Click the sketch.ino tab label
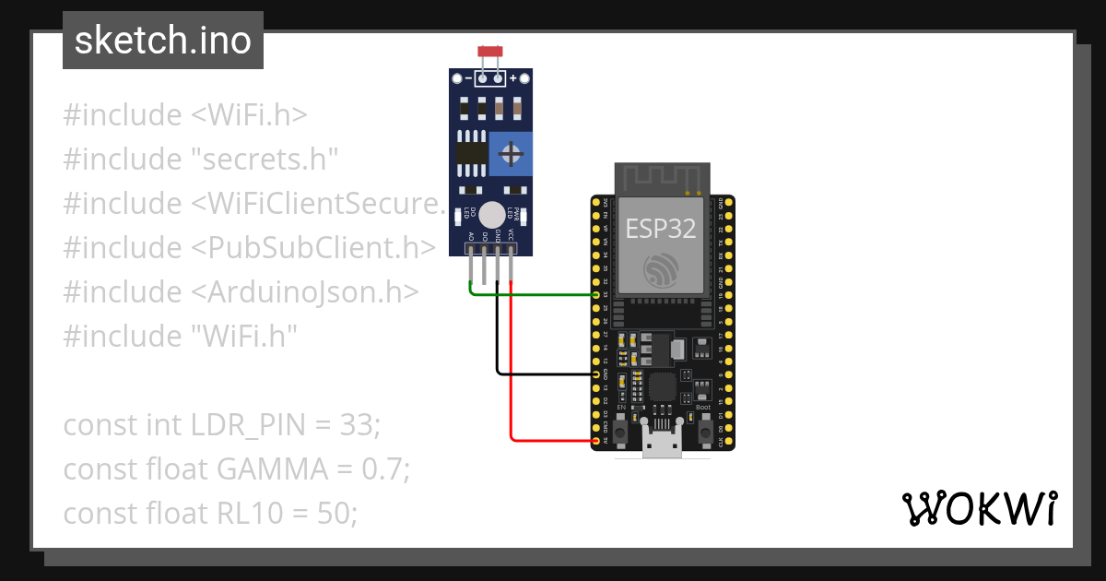(x=162, y=41)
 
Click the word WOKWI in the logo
(x=978, y=508)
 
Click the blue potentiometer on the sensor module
(x=511, y=153)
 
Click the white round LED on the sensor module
(x=493, y=212)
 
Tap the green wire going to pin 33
(x=535, y=295)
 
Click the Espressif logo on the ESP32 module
(x=662, y=268)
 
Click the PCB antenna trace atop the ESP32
(x=662, y=178)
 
